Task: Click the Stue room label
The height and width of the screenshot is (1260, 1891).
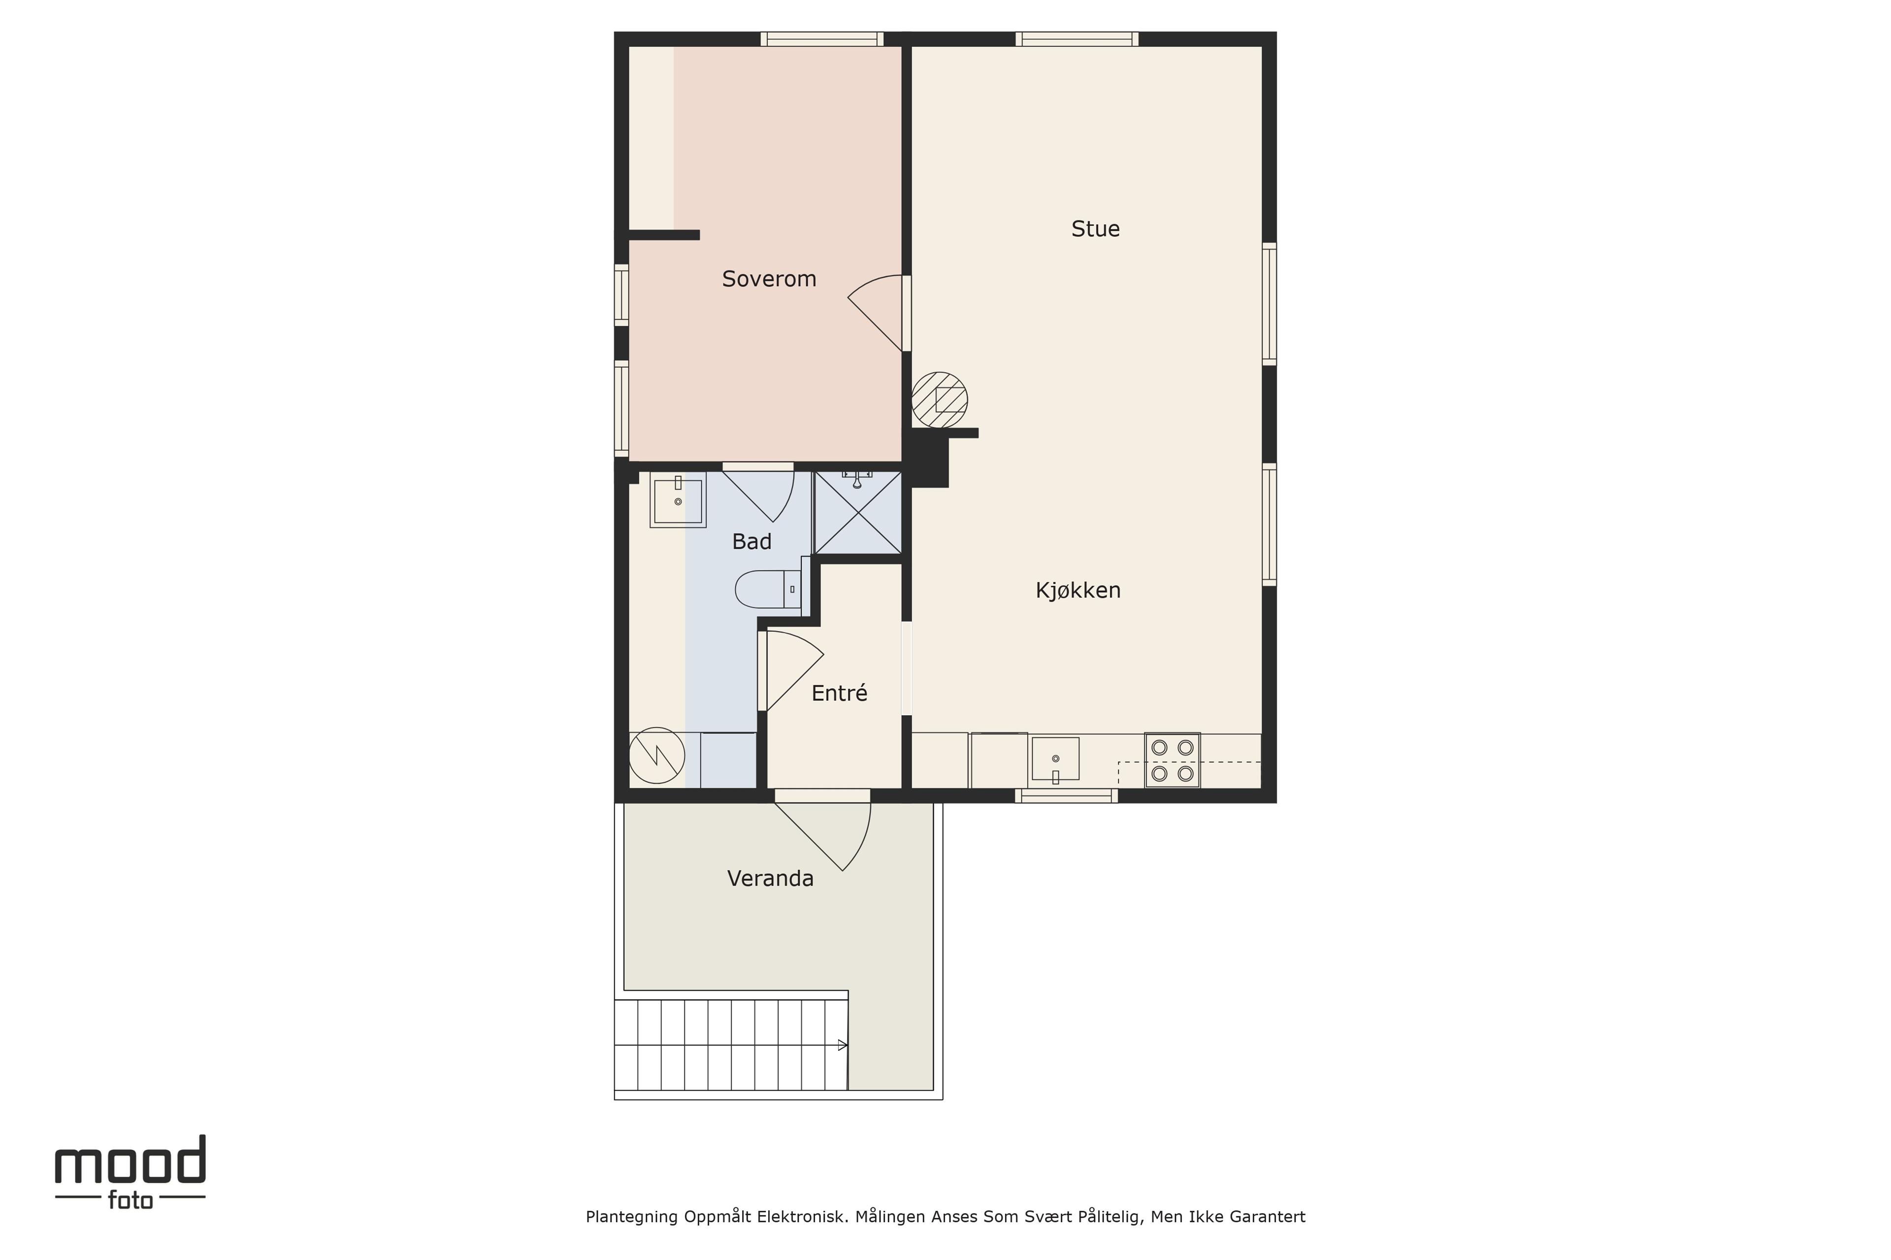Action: pyautogui.click(x=1095, y=229)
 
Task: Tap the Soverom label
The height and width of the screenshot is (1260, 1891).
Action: pyautogui.click(x=769, y=279)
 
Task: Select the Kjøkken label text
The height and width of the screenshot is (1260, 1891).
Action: pyautogui.click(x=1077, y=591)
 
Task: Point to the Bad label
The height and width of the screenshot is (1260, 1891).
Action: pyautogui.click(x=752, y=541)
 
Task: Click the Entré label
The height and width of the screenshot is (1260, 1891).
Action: pyautogui.click(x=839, y=693)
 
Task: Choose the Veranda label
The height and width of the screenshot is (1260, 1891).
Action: pyautogui.click(x=770, y=878)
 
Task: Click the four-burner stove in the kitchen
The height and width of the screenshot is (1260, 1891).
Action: pyautogui.click(x=1172, y=760)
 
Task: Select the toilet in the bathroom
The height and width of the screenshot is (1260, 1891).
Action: pyautogui.click(x=768, y=589)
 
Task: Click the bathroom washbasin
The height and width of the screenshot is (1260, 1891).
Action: pyautogui.click(x=678, y=500)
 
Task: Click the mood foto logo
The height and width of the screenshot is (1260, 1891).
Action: pyautogui.click(x=130, y=1172)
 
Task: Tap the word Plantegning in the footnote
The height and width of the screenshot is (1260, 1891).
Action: pyautogui.click(x=632, y=1217)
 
